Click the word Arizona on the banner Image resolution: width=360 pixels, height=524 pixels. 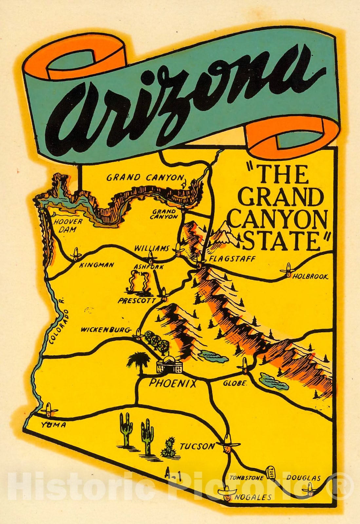tap(183, 95)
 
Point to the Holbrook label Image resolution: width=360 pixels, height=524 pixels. tap(310, 276)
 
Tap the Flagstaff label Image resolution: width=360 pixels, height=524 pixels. tap(232, 259)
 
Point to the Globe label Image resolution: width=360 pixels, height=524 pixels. tap(234, 383)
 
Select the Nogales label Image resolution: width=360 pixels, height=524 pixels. tap(253, 497)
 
